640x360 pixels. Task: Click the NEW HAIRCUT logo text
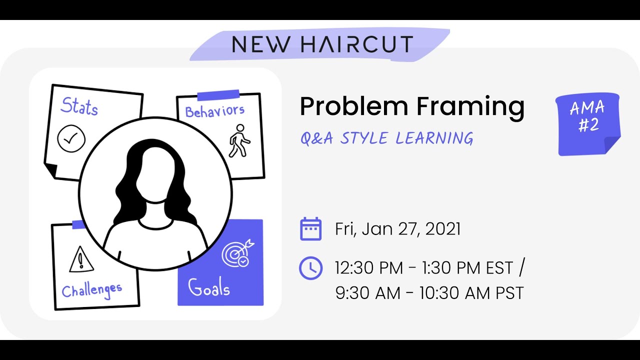pyautogui.click(x=322, y=44)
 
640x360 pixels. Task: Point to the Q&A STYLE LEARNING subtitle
pyautogui.click(x=386, y=138)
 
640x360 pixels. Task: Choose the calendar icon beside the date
pyautogui.click(x=310, y=229)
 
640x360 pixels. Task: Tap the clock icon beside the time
pyautogui.click(x=310, y=268)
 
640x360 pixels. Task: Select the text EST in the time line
pyautogui.click(x=499, y=268)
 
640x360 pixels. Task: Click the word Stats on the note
pyautogui.click(x=79, y=106)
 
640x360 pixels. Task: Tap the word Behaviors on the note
pyautogui.click(x=214, y=111)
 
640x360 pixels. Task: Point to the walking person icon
pyautogui.click(x=239, y=140)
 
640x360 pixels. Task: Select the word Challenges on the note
pyautogui.click(x=91, y=289)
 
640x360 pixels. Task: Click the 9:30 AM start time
pyautogui.click(x=367, y=293)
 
